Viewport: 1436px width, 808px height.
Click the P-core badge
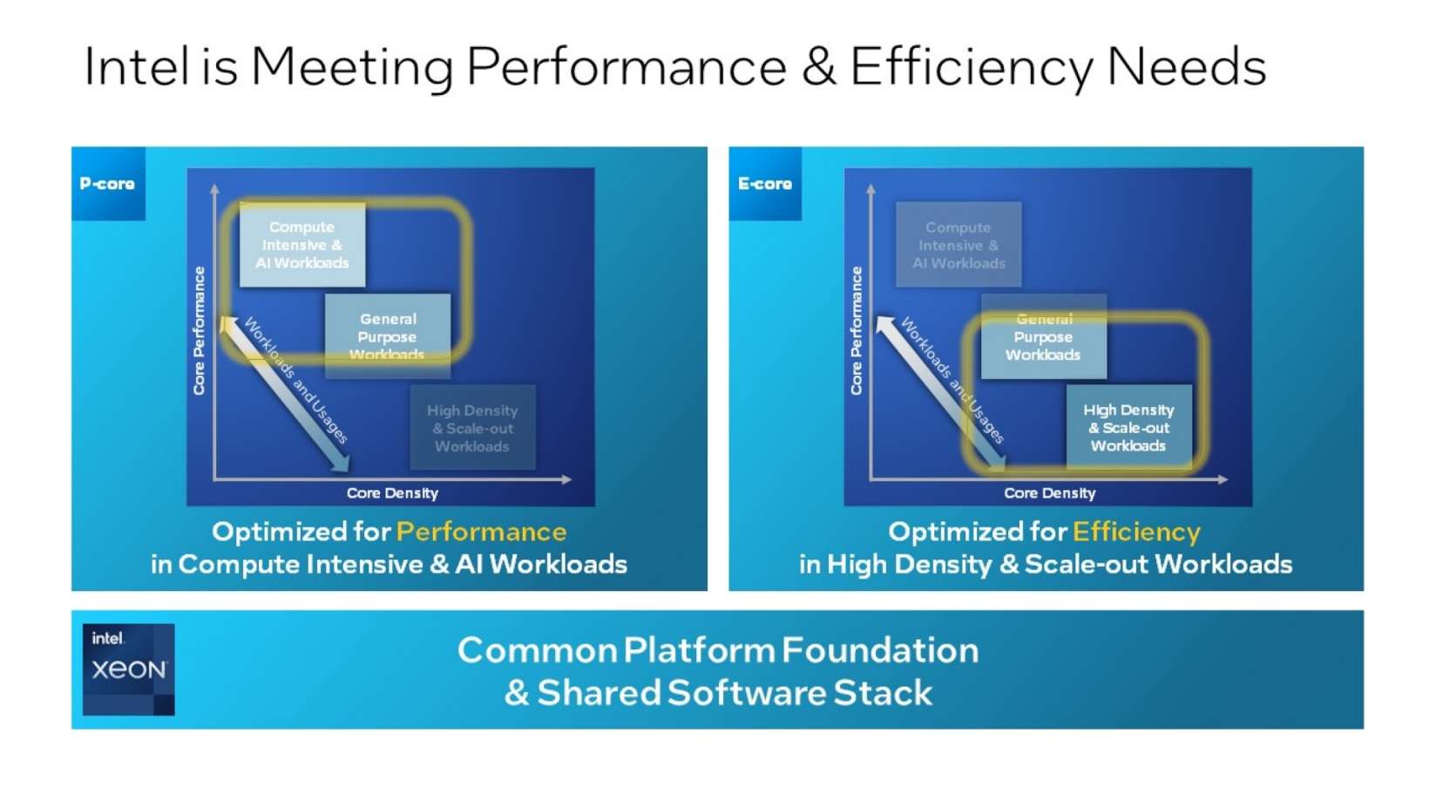point(107,184)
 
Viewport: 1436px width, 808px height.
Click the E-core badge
point(765,184)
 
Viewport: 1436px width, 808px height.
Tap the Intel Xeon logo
point(128,669)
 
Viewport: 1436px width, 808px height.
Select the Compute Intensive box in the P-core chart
point(302,245)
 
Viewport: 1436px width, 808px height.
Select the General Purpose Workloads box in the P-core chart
point(388,336)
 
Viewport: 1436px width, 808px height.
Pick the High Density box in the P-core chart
point(472,428)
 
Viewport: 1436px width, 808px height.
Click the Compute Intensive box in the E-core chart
point(958,245)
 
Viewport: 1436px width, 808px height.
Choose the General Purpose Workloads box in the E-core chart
point(1044,336)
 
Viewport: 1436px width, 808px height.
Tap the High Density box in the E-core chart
point(1128,427)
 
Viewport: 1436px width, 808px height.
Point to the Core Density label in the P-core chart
point(392,493)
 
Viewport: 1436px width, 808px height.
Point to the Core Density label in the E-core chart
point(1049,493)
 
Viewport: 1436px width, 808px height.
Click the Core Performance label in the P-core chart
point(200,330)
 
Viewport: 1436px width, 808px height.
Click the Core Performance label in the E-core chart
point(857,330)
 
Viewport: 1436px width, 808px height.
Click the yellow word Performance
point(481,532)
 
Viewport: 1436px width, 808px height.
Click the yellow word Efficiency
point(1136,532)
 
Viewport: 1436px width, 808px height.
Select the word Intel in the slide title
point(136,66)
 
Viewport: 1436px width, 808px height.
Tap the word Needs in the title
point(1186,66)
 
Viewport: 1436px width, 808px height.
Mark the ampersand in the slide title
point(818,66)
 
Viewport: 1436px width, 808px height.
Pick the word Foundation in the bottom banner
point(880,650)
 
